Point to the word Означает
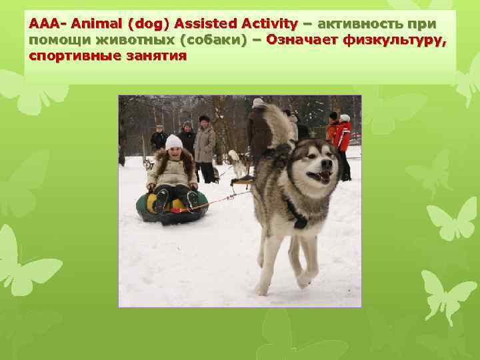pyautogui.click(x=303, y=40)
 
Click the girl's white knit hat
pyautogui.click(x=174, y=141)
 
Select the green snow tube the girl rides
pyautogui.click(x=171, y=208)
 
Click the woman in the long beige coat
pyautogui.click(x=204, y=147)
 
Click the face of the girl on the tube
pyautogui.click(x=175, y=153)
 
